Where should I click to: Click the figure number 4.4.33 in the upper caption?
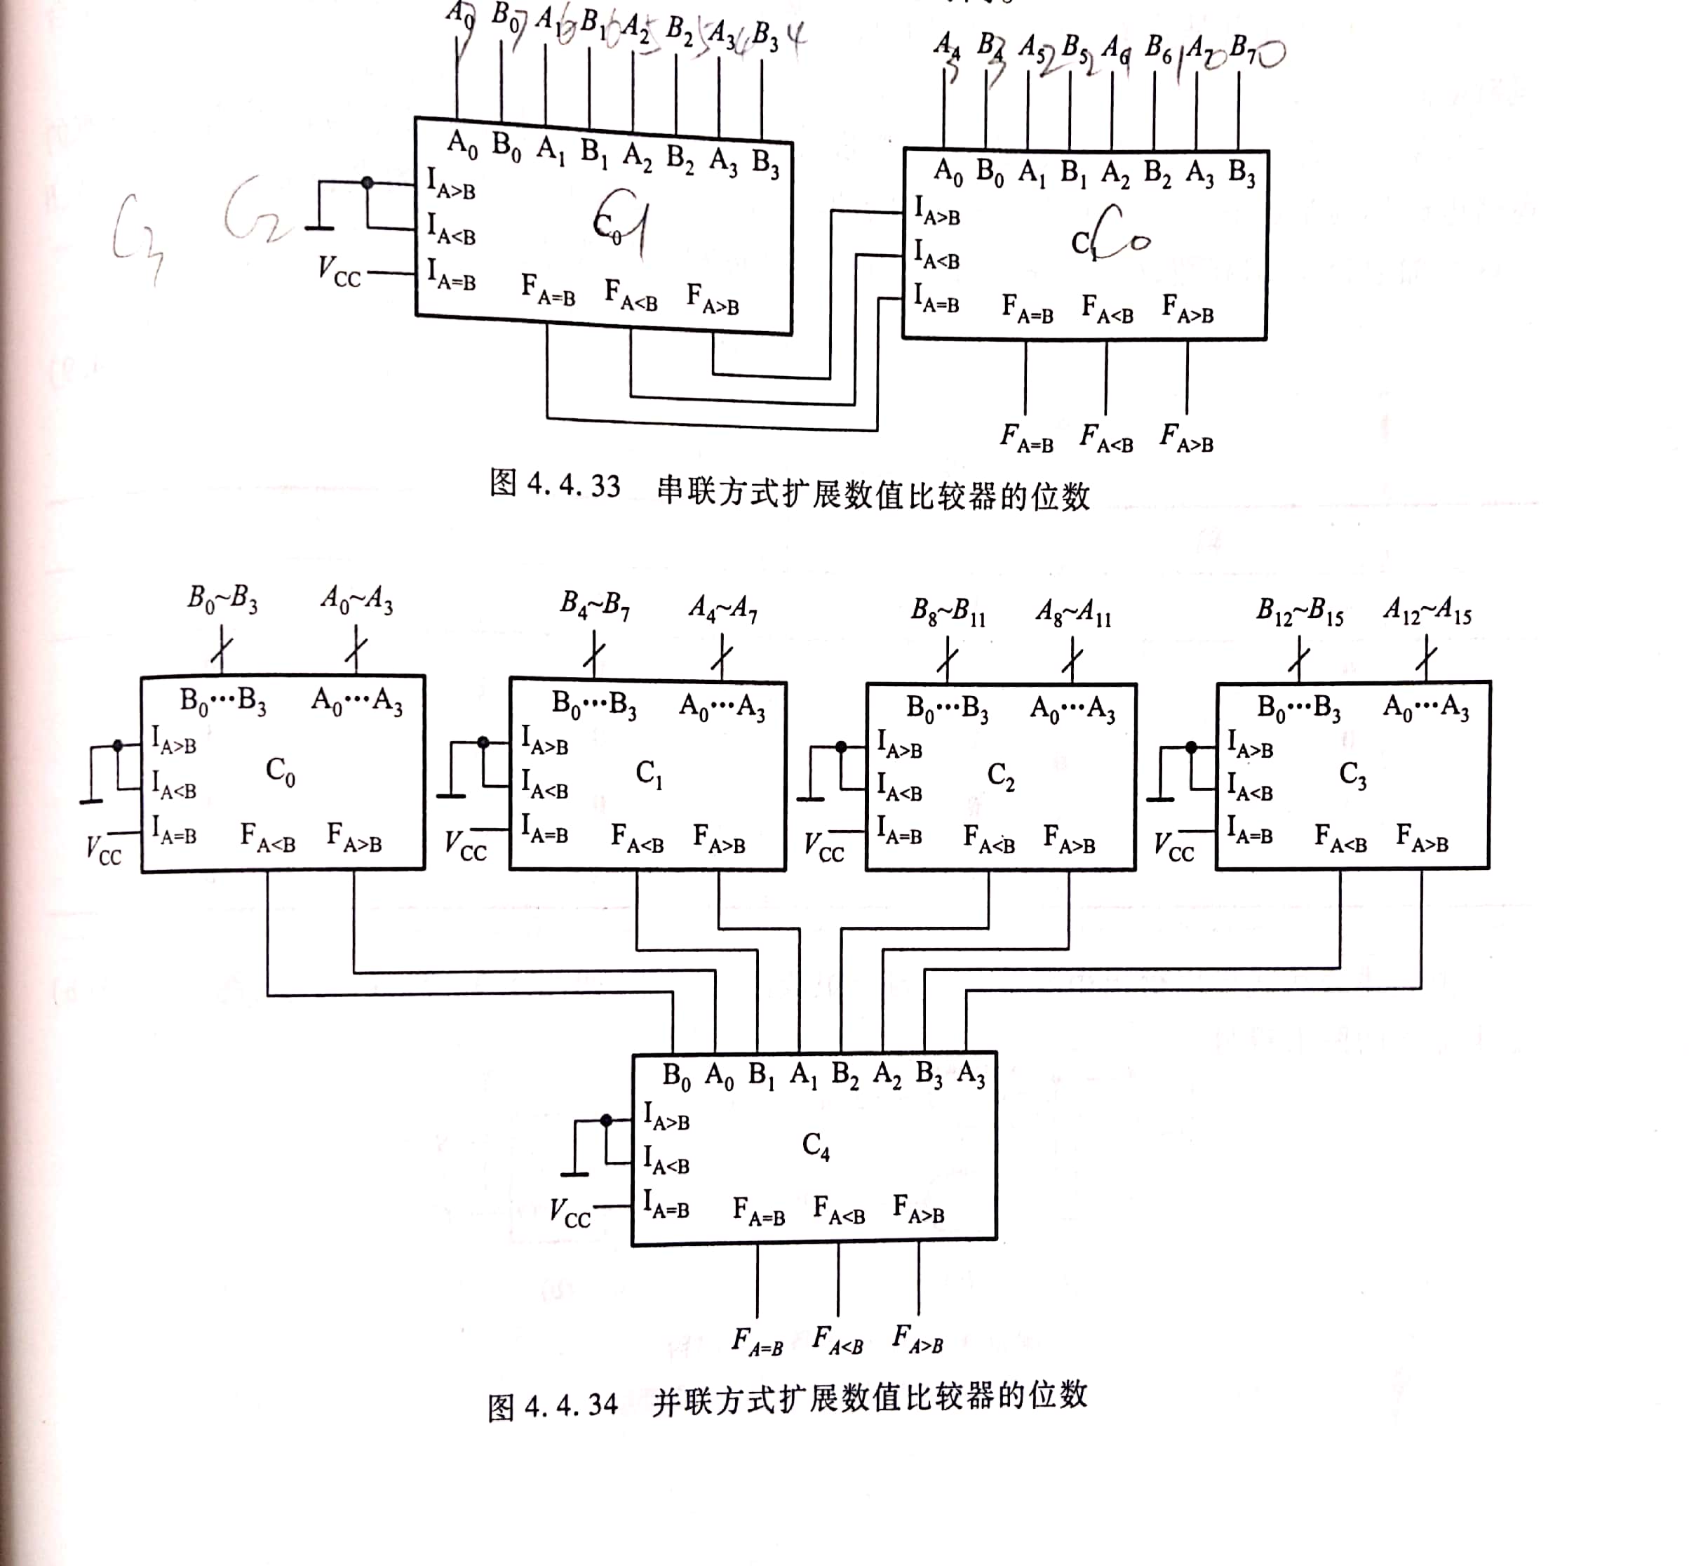[x=572, y=486]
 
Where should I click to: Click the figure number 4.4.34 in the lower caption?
[x=570, y=1405]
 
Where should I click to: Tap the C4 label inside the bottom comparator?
[x=816, y=1146]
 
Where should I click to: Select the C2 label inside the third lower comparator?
[x=1000, y=775]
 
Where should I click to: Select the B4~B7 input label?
[x=595, y=605]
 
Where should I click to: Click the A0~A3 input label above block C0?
[x=356, y=600]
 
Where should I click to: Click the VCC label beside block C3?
[x=1173, y=848]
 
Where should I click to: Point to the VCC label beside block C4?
[x=570, y=1212]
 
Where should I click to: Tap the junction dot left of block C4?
[x=605, y=1120]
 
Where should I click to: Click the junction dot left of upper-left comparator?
[x=367, y=182]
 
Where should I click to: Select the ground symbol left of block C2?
[x=811, y=798]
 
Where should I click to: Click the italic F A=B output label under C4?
[x=756, y=1341]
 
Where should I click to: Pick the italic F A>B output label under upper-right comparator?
[x=1186, y=438]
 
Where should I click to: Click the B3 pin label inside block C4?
[x=929, y=1074]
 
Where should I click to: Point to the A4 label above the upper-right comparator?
[x=947, y=44]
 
